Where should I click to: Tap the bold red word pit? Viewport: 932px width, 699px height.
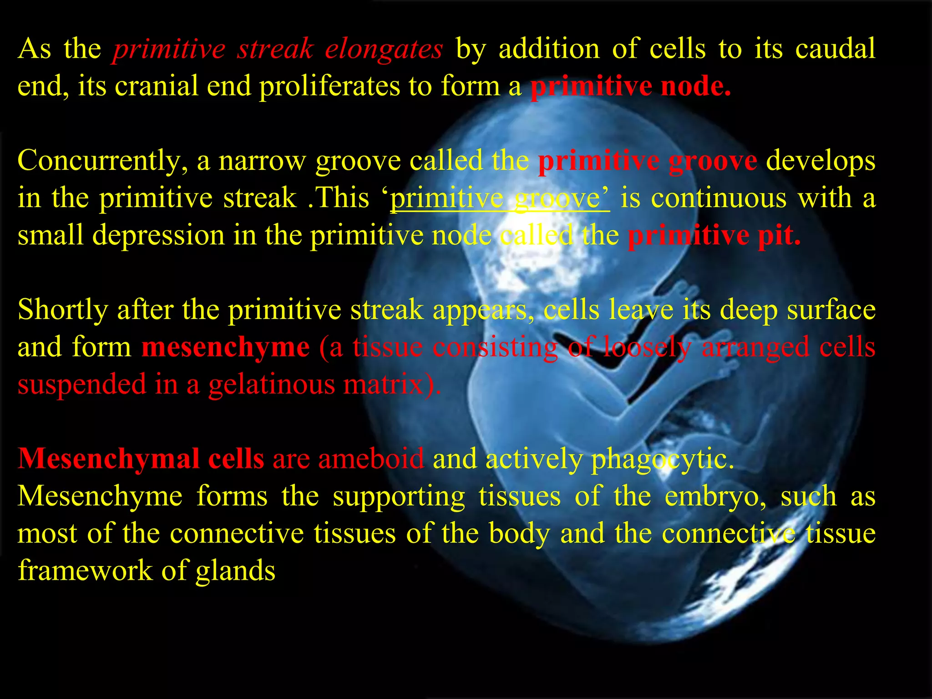click(x=779, y=236)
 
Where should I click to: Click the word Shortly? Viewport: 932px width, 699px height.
click(x=63, y=310)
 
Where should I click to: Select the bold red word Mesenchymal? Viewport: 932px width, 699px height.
click(x=109, y=459)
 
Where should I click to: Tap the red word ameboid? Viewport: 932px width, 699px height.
click(x=371, y=459)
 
